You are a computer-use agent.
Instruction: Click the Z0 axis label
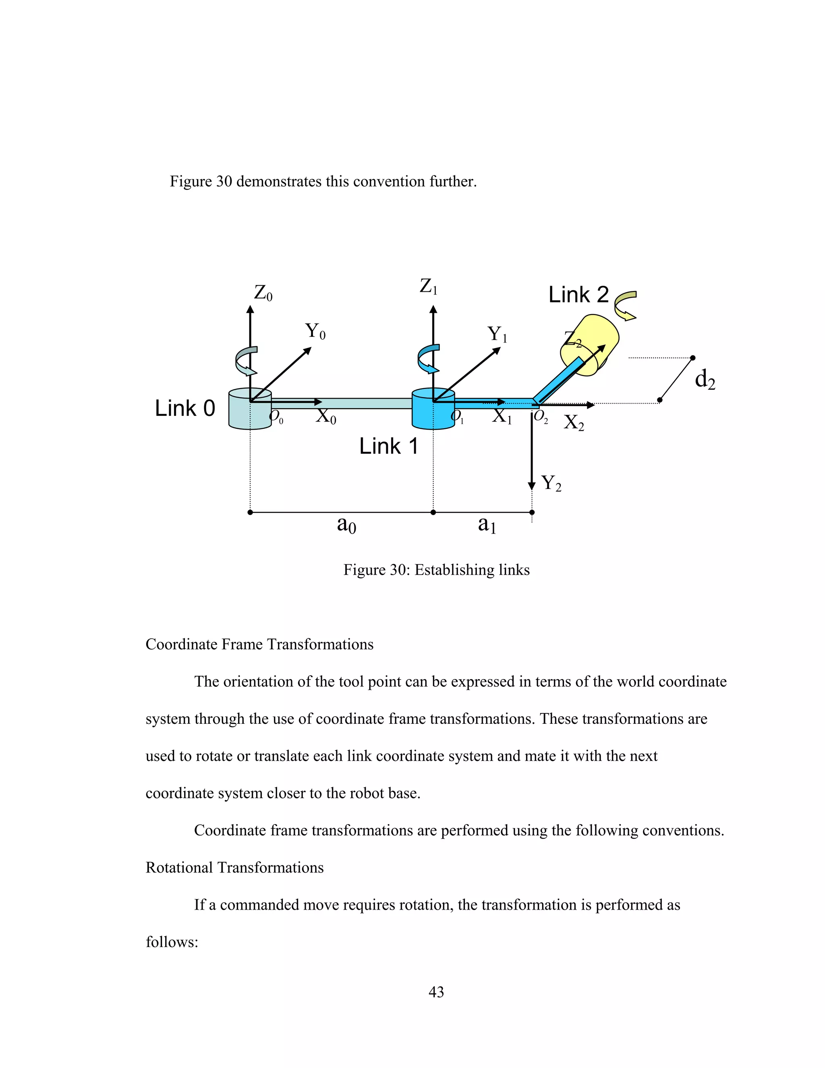[x=263, y=293]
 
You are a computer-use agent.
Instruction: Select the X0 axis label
[x=326, y=417]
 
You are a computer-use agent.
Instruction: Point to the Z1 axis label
[x=428, y=287]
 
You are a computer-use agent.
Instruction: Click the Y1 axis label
[x=497, y=335]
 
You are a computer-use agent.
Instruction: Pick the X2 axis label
[x=574, y=422]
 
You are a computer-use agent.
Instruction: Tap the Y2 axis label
[x=551, y=483]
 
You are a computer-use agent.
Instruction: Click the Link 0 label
[x=185, y=408]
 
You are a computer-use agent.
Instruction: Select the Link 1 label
[x=389, y=446]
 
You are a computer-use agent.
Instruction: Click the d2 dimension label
[x=705, y=380]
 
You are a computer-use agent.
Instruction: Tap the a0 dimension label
[x=346, y=525]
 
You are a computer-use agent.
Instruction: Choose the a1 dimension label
[x=487, y=525]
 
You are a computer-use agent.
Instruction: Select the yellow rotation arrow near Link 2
[x=625, y=305]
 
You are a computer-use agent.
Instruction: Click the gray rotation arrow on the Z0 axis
[x=245, y=360]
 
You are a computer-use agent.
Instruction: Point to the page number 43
[x=436, y=992]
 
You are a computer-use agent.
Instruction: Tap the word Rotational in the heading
[x=179, y=868]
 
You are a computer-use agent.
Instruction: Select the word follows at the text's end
[x=172, y=942]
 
